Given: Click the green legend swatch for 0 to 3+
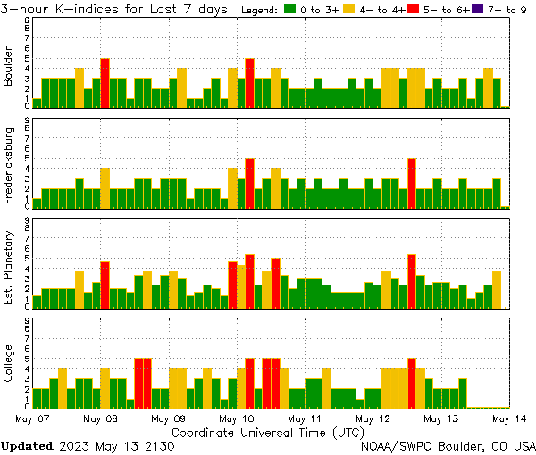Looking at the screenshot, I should (290, 10).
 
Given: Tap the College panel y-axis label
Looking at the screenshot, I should (9, 365).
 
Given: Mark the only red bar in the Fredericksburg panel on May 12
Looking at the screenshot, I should (412, 184).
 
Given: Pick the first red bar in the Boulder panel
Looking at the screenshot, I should (105, 83).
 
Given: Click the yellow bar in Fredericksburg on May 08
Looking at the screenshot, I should (105, 187).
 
